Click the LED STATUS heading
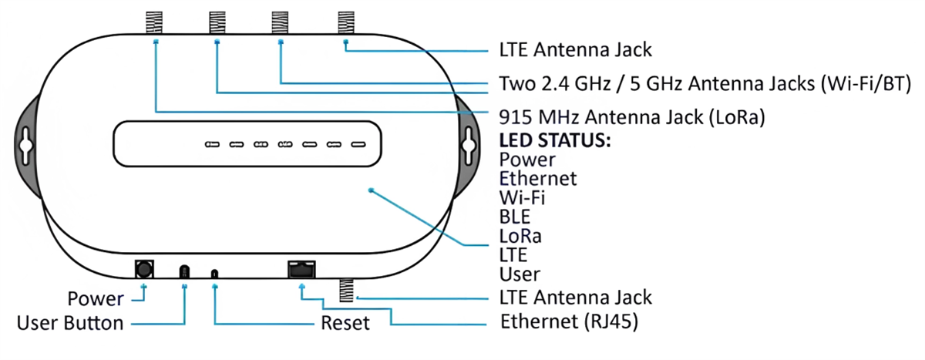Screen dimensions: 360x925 [555, 142]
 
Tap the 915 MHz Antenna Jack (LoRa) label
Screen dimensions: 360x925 [637, 118]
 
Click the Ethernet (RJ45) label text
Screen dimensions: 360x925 [569, 321]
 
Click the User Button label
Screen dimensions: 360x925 [70, 323]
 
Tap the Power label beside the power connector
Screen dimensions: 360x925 [96, 299]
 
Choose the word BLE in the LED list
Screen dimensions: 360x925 [515, 217]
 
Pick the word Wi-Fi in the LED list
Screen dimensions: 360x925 [522, 197]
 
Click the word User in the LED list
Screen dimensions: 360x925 [520, 273]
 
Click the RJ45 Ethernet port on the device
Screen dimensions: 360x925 [301, 270]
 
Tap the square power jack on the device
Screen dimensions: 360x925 [143, 269]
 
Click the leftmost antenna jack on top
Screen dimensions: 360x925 [156, 22]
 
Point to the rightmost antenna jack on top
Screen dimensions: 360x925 [345, 22]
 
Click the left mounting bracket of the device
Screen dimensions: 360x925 [26, 142]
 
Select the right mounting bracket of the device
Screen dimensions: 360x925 [467, 142]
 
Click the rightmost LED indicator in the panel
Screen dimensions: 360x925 [358, 144]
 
